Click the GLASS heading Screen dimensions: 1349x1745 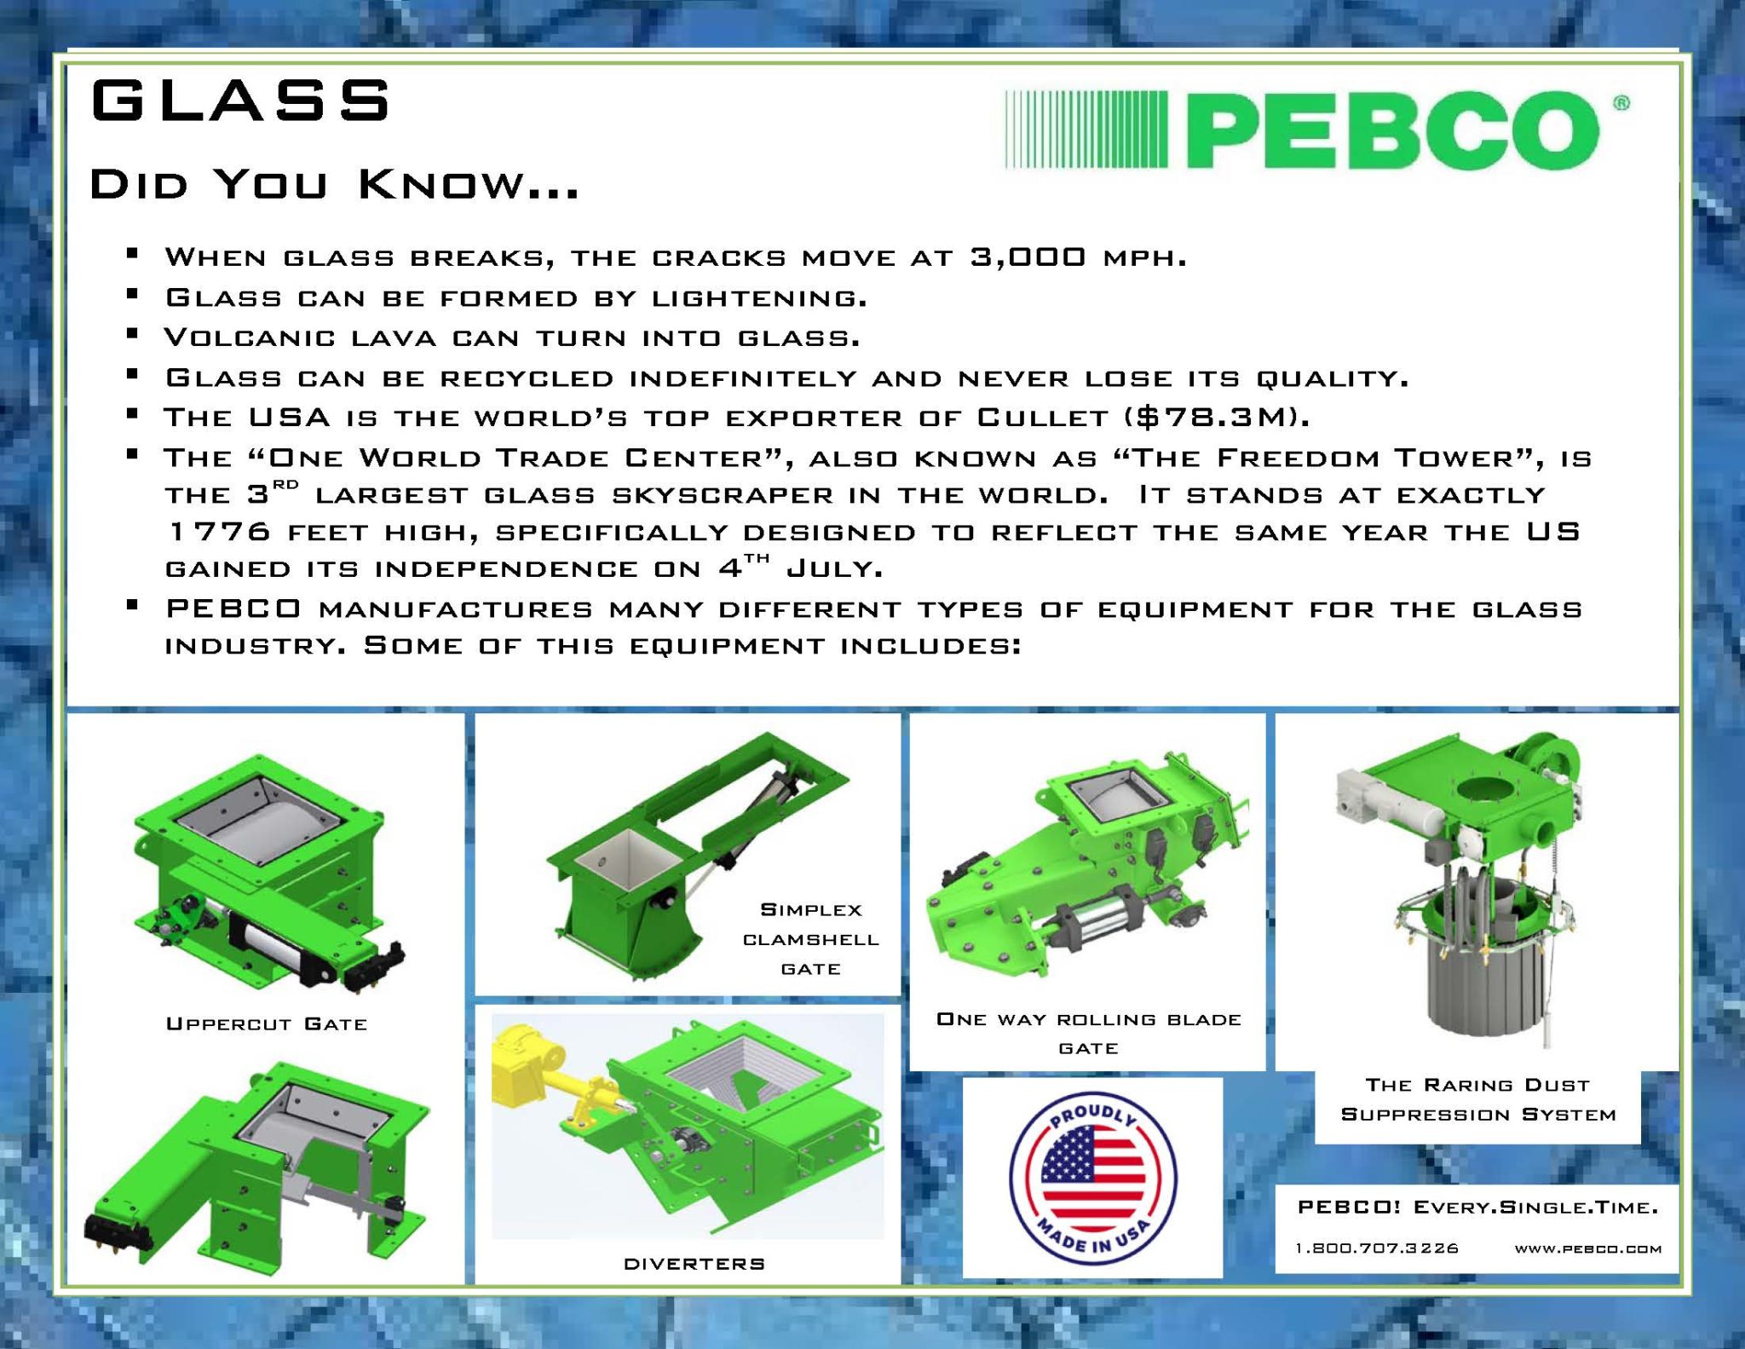point(240,101)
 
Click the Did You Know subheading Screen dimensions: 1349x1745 point(334,185)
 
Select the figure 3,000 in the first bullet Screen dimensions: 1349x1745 point(1028,257)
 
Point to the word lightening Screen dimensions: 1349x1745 point(758,297)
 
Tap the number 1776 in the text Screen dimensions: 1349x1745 point(220,532)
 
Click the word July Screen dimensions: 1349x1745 point(833,568)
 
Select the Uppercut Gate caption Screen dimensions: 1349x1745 point(267,1023)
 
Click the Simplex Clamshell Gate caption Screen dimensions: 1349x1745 point(810,939)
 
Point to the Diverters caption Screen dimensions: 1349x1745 point(694,1264)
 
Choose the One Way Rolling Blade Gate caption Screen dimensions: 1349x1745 point(1088,1033)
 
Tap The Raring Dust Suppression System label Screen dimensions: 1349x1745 point(1478,1099)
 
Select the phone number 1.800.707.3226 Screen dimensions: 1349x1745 point(1377,1248)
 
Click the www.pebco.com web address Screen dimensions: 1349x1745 point(1587,1249)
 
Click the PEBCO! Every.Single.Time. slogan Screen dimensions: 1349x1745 point(1477,1207)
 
